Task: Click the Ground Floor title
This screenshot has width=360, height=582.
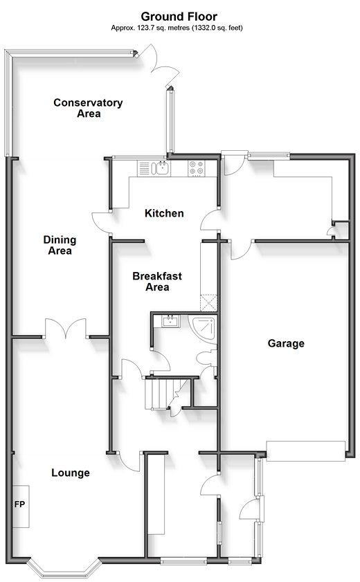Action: [179, 17]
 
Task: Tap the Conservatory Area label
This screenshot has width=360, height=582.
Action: [88, 108]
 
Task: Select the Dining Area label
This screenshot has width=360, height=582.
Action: [60, 246]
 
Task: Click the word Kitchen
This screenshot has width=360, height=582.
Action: [164, 213]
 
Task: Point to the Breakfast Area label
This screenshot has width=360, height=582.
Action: [157, 282]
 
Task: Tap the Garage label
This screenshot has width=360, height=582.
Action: [286, 343]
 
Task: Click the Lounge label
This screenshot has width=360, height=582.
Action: [71, 473]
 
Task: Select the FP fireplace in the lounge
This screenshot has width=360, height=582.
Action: [21, 506]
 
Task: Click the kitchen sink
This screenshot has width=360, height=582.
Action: [163, 168]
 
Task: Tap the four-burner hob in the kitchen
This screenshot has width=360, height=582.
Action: [197, 168]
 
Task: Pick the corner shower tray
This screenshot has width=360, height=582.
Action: [202, 329]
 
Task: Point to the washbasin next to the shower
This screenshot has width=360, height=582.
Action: [171, 321]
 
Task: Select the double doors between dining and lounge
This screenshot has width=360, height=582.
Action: [66, 329]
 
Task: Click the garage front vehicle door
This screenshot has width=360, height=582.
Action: [306, 451]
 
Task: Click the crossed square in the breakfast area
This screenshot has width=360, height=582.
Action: [208, 303]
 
